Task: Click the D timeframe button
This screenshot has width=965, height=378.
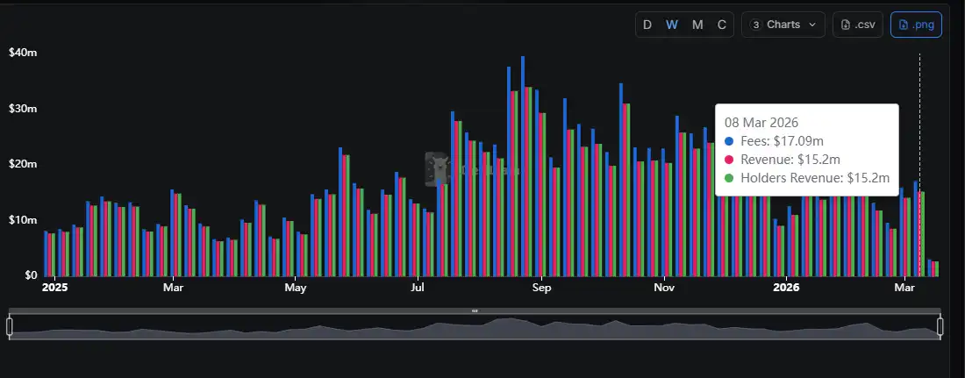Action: pos(647,25)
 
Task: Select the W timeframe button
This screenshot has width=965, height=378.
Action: pos(672,25)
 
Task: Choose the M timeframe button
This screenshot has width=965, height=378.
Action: pos(697,25)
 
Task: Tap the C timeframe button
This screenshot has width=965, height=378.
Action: pos(722,25)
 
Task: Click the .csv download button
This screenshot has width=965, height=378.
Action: pos(858,25)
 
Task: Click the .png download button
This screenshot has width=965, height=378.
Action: pos(916,25)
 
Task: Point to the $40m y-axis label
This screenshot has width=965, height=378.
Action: pos(22,53)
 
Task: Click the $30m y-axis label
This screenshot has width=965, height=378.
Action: pos(22,109)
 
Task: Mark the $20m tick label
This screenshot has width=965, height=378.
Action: pos(22,164)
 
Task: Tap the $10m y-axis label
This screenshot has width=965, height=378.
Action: pos(22,219)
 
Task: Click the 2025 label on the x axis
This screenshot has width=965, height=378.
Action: pos(54,288)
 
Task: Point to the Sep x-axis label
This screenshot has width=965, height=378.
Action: pos(541,288)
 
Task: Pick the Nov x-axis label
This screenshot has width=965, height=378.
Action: pos(664,288)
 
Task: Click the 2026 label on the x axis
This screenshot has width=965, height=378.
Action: pos(786,288)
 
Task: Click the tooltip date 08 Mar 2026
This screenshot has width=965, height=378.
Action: pos(761,123)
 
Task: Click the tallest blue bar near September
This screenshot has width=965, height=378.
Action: pos(523,167)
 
